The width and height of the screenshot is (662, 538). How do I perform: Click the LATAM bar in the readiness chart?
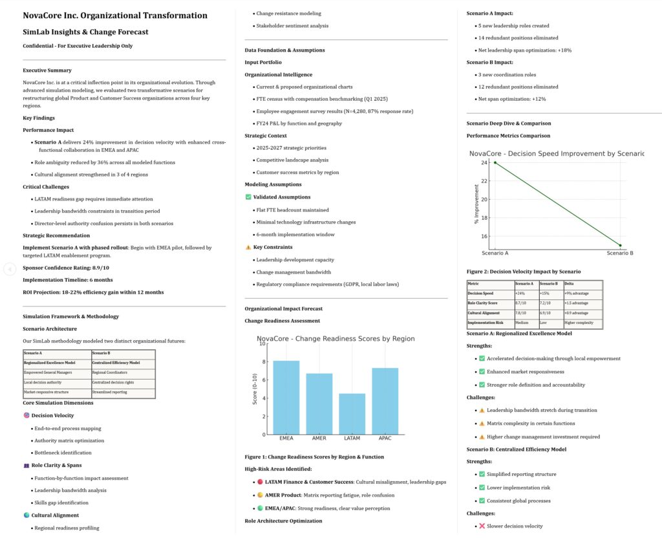[x=352, y=414]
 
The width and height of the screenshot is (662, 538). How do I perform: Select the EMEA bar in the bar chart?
[x=286, y=397]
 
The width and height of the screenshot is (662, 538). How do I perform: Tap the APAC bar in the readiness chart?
[x=385, y=401]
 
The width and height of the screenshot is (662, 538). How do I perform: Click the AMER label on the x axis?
[x=319, y=438]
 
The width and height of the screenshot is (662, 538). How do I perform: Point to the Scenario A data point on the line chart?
[x=495, y=162]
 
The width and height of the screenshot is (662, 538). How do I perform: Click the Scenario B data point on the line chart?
[x=620, y=246]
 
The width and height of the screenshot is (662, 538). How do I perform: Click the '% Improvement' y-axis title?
[x=476, y=204]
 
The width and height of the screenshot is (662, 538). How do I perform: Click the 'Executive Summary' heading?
[x=47, y=70]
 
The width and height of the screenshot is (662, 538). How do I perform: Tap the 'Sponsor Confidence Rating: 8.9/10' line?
[x=66, y=268]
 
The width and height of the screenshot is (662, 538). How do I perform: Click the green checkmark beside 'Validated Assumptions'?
[x=249, y=197]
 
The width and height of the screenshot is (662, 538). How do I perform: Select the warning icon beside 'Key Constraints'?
[x=249, y=247]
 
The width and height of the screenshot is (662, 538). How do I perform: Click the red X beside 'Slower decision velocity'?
[x=482, y=526]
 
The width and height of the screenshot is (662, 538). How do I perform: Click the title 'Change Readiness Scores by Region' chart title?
[x=336, y=338]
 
